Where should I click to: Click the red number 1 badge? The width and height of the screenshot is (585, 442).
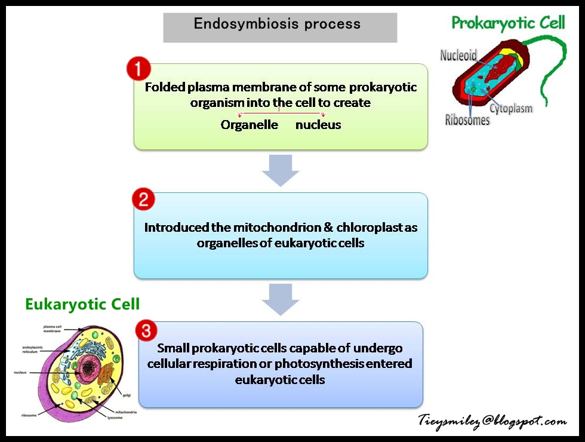pos(138,69)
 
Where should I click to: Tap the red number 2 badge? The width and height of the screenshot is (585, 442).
pos(143,199)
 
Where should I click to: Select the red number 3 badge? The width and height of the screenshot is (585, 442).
pos(147,330)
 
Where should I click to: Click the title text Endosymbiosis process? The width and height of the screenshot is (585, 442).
pos(277,24)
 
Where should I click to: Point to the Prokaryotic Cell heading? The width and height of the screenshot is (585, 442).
pos(508,23)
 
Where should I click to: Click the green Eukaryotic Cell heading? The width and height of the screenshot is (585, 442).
pos(82,304)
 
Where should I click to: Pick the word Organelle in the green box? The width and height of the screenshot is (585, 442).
pos(249,125)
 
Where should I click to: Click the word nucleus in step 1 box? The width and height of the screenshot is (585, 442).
pos(318,125)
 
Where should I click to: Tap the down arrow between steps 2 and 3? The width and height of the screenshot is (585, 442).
pos(281,299)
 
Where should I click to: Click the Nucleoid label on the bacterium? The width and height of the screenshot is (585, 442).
pos(458,56)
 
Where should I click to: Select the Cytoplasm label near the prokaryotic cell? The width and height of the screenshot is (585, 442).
pos(511,109)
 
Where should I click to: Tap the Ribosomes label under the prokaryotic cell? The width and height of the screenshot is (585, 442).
pos(467,120)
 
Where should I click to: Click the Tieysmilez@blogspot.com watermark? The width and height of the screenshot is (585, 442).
pos(492,421)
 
